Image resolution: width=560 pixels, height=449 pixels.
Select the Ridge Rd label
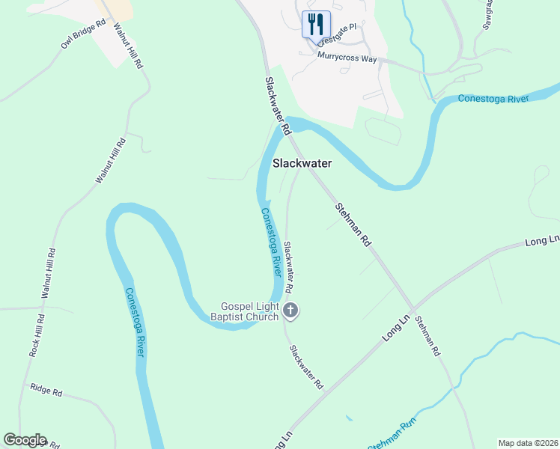pyautogui.click(x=46, y=389)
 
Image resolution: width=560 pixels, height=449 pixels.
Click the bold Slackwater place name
pyautogui.click(x=302, y=162)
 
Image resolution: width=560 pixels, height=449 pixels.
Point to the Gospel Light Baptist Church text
pyautogui.click(x=250, y=311)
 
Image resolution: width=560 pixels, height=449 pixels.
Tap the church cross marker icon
pyautogui.click(x=291, y=310)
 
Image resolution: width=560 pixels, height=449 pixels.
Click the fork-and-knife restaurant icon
pyautogui.click(x=315, y=24)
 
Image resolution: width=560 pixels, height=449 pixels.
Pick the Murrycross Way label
pyautogui.click(x=347, y=57)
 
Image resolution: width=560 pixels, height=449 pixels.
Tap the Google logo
pyautogui.click(x=25, y=440)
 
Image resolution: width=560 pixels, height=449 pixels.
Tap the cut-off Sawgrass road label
pyautogui.click(x=486, y=13)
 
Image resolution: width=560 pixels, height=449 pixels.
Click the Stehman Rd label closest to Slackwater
pyautogui.click(x=353, y=224)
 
